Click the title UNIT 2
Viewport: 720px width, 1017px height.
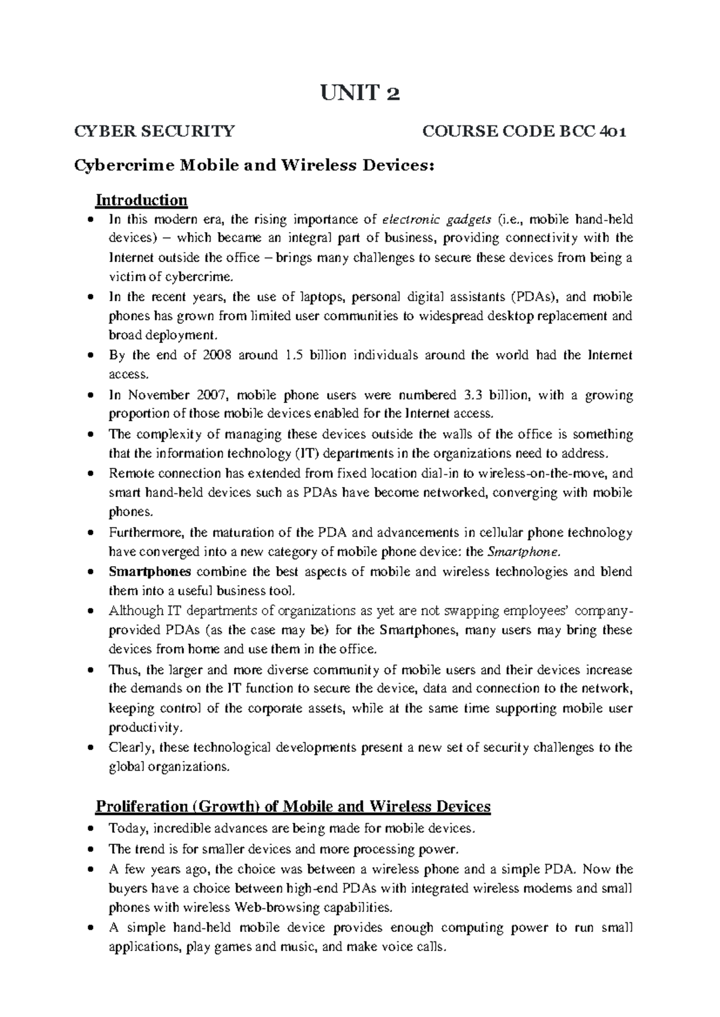(361, 94)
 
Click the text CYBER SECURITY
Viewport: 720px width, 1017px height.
(154, 131)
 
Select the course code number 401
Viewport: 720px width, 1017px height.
(611, 131)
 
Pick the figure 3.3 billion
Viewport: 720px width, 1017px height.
(496, 395)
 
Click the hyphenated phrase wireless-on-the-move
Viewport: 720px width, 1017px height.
(544, 473)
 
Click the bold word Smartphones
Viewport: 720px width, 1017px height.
(150, 571)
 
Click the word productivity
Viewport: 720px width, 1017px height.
(143, 728)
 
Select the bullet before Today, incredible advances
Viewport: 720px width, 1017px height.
(90, 829)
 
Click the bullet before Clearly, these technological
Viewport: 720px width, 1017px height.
(90, 748)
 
